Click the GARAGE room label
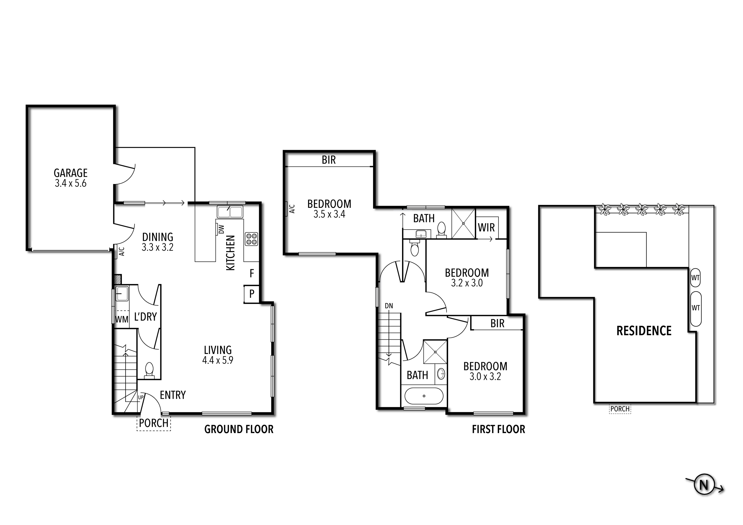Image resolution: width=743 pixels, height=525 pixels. point(71,173)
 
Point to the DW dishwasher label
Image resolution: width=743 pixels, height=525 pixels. point(221,229)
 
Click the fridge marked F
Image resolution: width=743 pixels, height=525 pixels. point(252,273)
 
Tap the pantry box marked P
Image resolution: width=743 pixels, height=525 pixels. point(252,294)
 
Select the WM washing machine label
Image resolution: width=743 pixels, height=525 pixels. point(122,319)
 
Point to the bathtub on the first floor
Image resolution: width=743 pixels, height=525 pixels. point(424,396)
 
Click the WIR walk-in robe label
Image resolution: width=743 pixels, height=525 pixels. point(486,228)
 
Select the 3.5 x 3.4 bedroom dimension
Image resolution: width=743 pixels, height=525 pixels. point(329,214)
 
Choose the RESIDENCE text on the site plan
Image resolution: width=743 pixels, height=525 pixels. point(644,331)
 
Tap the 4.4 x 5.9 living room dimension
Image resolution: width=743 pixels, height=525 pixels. point(217,360)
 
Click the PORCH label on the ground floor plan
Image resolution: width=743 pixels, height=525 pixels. point(154,423)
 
